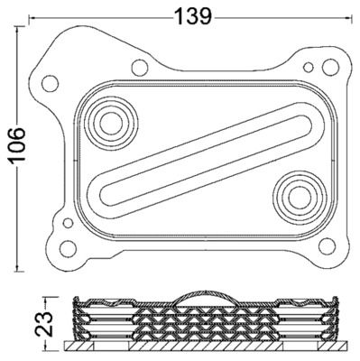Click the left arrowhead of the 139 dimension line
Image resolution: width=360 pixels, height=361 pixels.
point(32,18)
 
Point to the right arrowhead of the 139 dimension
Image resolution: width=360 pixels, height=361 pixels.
point(349,18)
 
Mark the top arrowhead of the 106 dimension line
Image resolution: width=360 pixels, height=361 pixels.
point(17,30)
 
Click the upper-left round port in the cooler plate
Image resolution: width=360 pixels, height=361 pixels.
point(111,124)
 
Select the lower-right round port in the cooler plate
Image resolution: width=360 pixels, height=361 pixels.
point(300,198)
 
